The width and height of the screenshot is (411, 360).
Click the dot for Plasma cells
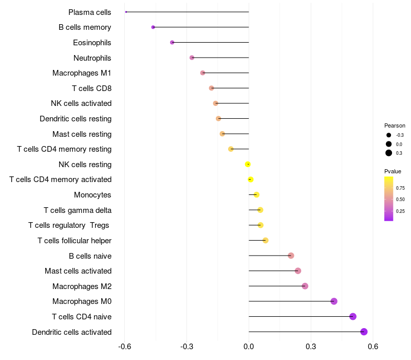pyautogui.click(x=126, y=12)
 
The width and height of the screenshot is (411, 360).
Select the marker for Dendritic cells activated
pyautogui.click(x=364, y=332)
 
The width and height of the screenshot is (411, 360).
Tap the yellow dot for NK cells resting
pyautogui.click(x=248, y=165)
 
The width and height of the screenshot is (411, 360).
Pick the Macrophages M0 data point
pyautogui.click(x=334, y=301)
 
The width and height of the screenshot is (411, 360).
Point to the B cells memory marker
pyautogui.click(x=153, y=27)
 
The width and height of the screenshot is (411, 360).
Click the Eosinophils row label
pyautogui.click(x=92, y=43)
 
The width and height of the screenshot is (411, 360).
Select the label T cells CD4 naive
pyautogui.click(x=81, y=317)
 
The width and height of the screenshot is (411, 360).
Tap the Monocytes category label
pyautogui.click(x=92, y=195)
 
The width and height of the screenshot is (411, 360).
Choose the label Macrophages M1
pyautogui.click(x=82, y=73)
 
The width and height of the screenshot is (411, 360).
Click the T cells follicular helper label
pyautogui.click(x=74, y=241)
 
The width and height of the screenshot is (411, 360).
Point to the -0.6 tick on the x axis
pyautogui.click(x=124, y=347)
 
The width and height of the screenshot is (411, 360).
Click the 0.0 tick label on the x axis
pyautogui.click(x=249, y=347)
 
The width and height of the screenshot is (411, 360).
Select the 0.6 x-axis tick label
pyautogui.click(x=373, y=347)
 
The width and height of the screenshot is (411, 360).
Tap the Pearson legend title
pyautogui.click(x=395, y=125)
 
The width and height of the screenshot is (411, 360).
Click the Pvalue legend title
pyautogui.click(x=393, y=171)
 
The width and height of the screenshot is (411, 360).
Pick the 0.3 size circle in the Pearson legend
pyautogui.click(x=389, y=153)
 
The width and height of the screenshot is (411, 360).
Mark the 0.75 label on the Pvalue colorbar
pyautogui.click(x=400, y=188)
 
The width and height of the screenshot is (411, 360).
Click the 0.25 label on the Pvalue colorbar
pyautogui.click(x=400, y=211)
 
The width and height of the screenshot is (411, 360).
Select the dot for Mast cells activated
pyautogui.click(x=298, y=271)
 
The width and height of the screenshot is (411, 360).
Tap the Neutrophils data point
pyautogui.click(x=192, y=58)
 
